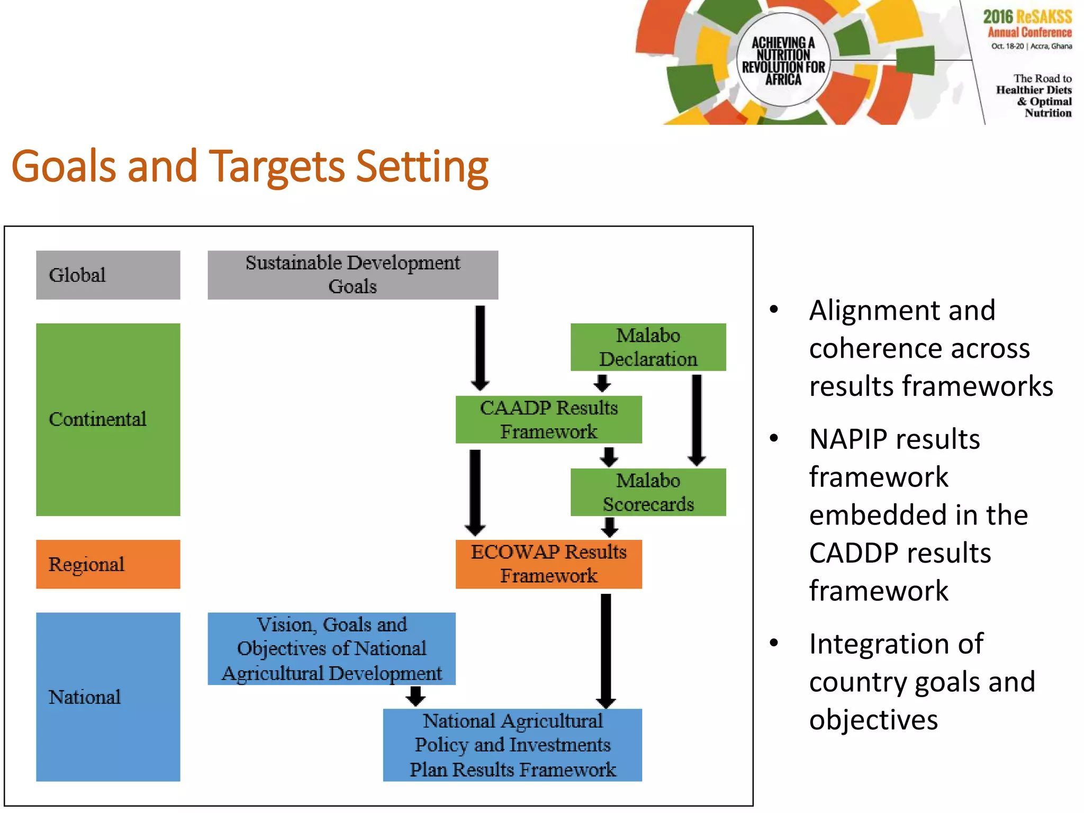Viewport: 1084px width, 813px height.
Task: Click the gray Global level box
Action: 108,275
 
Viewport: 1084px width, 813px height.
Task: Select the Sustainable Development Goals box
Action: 353,275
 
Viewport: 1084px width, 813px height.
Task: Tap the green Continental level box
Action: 108,419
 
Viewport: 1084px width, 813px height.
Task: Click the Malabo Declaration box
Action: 648,347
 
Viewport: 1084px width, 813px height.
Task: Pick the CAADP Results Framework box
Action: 548,419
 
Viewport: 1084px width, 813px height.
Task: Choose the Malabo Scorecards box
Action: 648,492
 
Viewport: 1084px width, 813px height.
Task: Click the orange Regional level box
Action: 108,564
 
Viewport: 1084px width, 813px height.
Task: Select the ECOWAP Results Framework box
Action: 548,564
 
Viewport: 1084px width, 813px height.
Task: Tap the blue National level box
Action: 108,697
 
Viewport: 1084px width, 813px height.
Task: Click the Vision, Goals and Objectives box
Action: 331,648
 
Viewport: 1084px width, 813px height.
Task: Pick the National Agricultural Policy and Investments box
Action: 512,745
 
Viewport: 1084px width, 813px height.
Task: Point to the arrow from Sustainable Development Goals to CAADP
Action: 480,347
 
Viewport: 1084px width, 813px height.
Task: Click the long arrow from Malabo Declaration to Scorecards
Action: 697,418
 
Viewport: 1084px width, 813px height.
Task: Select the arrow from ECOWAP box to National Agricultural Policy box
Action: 606,650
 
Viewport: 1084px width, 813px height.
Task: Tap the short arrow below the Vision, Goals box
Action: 415,696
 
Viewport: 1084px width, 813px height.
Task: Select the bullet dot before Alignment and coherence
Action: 774,310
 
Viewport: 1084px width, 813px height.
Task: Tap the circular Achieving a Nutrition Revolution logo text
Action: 783,60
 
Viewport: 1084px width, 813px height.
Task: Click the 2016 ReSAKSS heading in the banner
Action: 1027,17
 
